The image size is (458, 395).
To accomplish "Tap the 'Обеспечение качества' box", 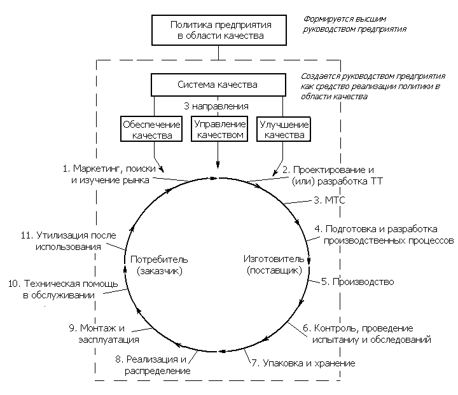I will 152,129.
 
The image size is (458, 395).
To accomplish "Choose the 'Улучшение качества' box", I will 283,129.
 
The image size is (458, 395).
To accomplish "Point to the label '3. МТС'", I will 331,200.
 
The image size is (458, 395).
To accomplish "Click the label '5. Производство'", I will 357,281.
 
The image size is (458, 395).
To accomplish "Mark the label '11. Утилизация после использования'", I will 69,240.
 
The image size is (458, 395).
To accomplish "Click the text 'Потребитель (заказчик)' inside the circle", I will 160,265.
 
